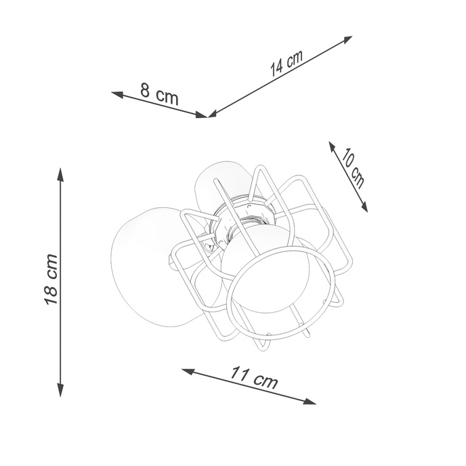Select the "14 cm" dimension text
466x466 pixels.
tap(286, 64)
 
